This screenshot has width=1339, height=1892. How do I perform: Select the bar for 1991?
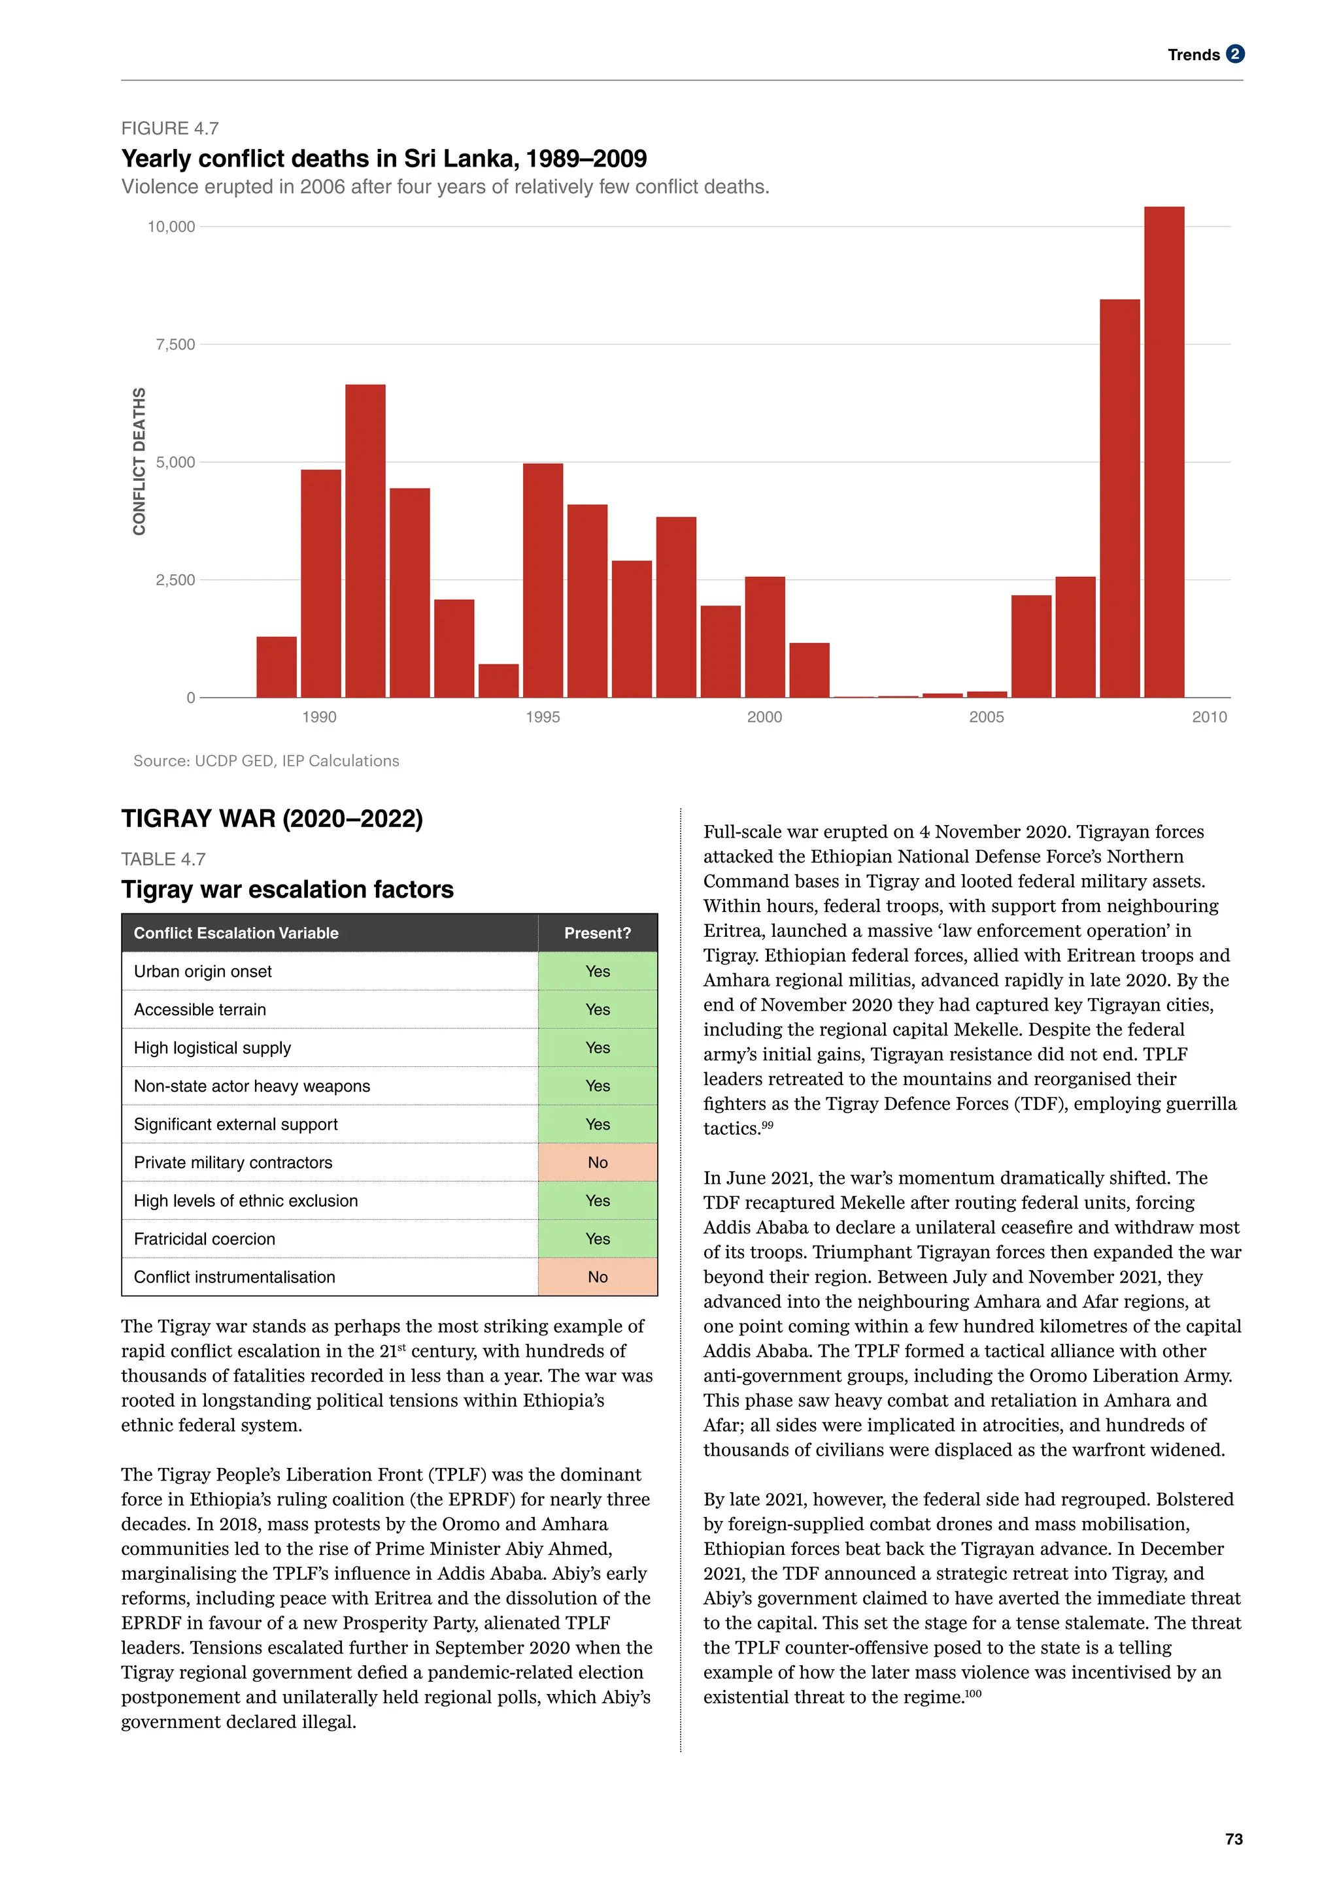click(x=365, y=540)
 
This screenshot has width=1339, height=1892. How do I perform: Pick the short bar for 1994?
click(x=499, y=681)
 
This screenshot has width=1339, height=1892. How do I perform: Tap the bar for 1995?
click(x=543, y=580)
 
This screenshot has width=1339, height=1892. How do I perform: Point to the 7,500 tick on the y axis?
click(x=176, y=344)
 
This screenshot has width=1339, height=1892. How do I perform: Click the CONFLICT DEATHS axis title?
click(x=139, y=461)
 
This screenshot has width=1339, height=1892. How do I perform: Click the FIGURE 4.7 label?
click(x=170, y=129)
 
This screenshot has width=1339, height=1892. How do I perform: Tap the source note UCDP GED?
click(x=265, y=760)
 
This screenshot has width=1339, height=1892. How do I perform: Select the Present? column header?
click(x=597, y=933)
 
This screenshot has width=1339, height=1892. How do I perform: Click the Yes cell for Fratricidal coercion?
click(x=597, y=1239)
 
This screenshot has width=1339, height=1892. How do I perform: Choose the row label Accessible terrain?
click(x=200, y=1009)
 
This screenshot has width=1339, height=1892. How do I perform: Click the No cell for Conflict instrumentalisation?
click(x=597, y=1277)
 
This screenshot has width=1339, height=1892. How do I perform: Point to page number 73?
click(x=1234, y=1838)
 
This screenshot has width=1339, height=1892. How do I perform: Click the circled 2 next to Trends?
click(x=1234, y=54)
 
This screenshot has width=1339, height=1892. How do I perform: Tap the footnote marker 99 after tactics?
click(x=768, y=1125)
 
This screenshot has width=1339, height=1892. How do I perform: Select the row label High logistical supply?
click(x=212, y=1047)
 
